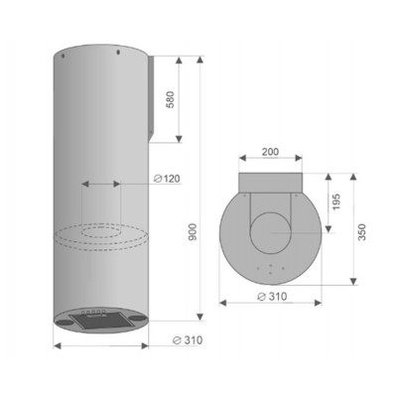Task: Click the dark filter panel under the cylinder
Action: coord(103,321)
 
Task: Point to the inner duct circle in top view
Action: coord(269,238)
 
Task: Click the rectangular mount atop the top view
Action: coord(268,182)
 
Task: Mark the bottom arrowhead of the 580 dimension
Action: coord(179,138)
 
